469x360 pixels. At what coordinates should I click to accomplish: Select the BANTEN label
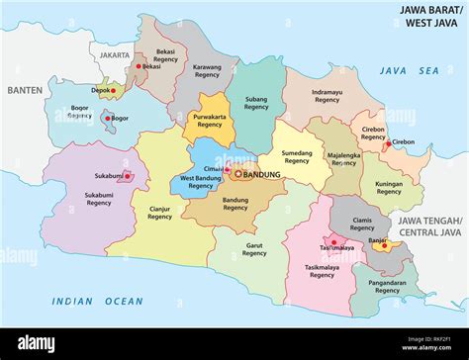click(x=24, y=90)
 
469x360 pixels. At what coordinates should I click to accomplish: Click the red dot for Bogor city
click(x=106, y=118)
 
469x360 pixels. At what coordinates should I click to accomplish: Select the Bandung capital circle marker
click(x=238, y=174)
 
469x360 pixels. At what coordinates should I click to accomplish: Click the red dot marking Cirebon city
click(x=386, y=142)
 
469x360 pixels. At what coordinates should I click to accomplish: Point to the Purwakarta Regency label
click(x=209, y=121)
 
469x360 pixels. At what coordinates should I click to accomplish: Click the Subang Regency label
click(x=256, y=102)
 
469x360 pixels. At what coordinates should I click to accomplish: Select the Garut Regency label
click(x=254, y=249)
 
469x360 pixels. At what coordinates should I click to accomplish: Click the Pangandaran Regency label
click(x=387, y=286)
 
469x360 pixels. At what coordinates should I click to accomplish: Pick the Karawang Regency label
click(x=206, y=71)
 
